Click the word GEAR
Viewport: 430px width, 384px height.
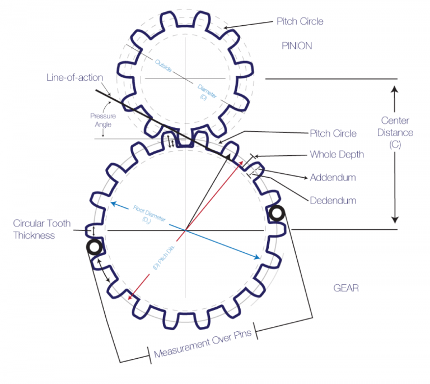346,288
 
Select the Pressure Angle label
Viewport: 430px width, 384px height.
103,120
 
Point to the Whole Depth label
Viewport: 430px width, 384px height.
336,155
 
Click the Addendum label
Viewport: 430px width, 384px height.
333,178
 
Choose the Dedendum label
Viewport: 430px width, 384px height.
333,200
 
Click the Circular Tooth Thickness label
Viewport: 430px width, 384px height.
42,229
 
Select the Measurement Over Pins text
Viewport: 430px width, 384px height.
202,341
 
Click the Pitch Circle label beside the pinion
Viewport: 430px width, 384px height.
300,21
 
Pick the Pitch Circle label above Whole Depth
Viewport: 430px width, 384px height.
333,133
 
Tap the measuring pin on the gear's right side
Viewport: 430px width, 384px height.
277,213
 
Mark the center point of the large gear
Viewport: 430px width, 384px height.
185,230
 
